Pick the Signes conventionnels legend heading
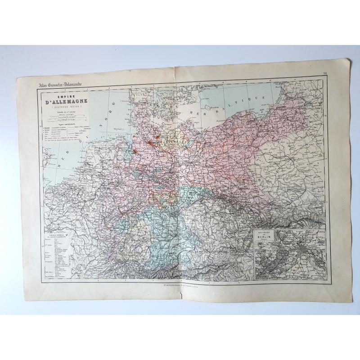(66, 125)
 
